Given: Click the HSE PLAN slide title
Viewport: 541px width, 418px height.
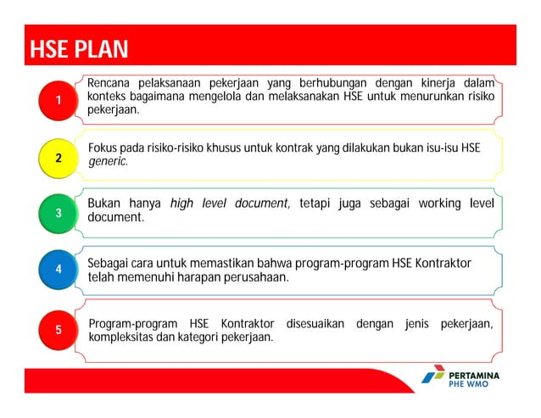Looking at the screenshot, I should (x=79, y=49).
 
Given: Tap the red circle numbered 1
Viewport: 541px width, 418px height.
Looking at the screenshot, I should (x=58, y=102).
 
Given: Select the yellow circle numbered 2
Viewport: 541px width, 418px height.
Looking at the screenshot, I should (x=58, y=158).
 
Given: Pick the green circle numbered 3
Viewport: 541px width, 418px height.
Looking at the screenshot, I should (x=58, y=213).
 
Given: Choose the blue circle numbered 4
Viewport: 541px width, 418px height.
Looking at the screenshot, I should (x=58, y=269).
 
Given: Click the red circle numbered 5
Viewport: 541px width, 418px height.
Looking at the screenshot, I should (x=58, y=330).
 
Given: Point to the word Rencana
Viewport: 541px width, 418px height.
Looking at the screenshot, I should (x=110, y=83).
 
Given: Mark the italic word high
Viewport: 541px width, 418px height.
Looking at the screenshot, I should (x=183, y=203).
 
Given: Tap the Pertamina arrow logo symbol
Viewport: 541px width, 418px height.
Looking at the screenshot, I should (x=432, y=376).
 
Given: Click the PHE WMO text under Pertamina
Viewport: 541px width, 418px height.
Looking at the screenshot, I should (x=469, y=384).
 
